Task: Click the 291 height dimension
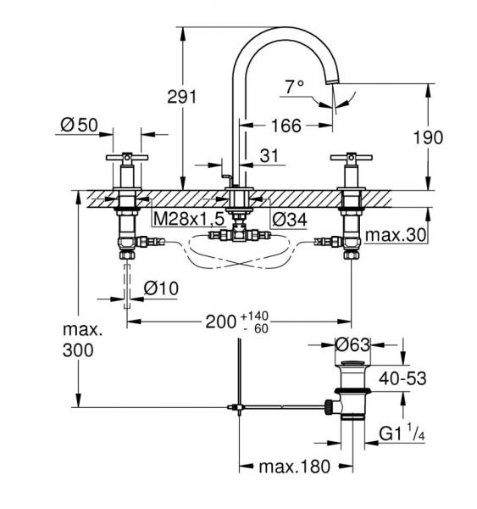point(182,97)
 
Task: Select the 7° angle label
point(295,87)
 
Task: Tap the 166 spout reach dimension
point(286,126)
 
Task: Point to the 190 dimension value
point(428,137)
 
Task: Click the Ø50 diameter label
point(79,125)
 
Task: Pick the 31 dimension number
point(269,156)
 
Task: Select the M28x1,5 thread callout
point(189,219)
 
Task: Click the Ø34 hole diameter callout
point(290,220)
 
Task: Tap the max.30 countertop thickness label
point(396,234)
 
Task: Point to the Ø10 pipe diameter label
point(161,288)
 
